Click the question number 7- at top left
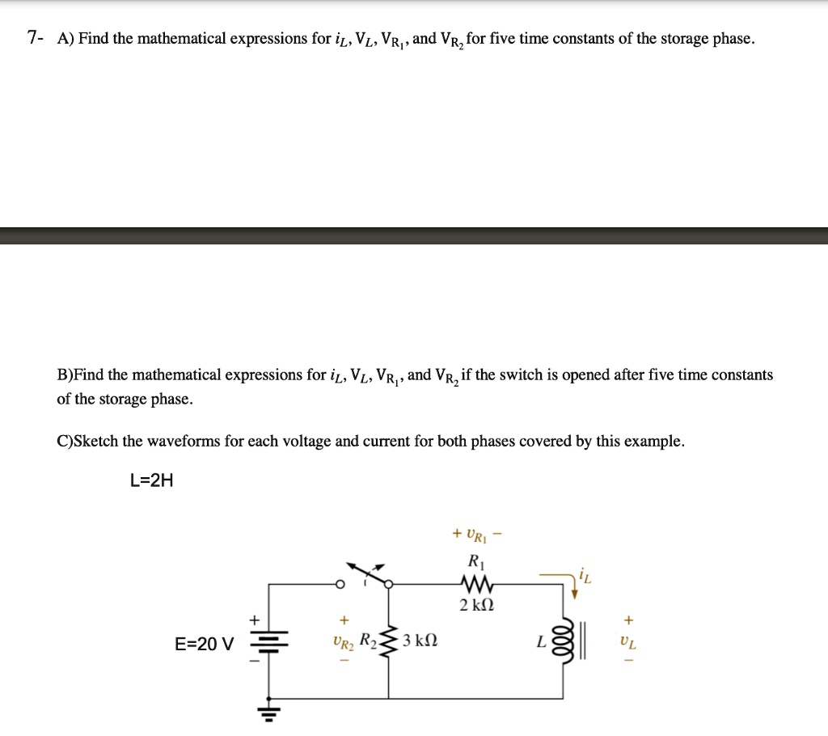[35, 38]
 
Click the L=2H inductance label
[151, 481]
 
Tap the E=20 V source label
[205, 645]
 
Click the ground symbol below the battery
[268, 712]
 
